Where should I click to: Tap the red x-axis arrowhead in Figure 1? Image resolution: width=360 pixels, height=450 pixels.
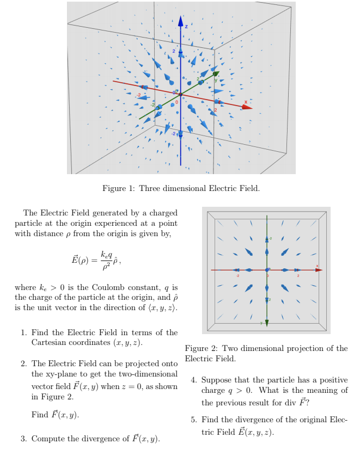tap(247, 107)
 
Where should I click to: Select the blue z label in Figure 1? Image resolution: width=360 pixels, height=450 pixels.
tap(186, 26)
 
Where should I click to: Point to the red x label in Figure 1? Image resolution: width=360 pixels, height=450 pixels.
tap(246, 101)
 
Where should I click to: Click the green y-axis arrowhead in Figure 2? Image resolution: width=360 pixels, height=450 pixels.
tap(267, 322)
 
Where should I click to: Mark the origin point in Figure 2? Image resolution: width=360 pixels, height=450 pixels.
tap(267, 269)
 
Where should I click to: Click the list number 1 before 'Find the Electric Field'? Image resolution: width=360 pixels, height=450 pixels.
tap(23, 332)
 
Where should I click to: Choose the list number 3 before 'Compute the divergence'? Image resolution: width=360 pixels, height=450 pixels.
tap(23, 439)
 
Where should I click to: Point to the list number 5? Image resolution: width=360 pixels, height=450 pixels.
tap(193, 420)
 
